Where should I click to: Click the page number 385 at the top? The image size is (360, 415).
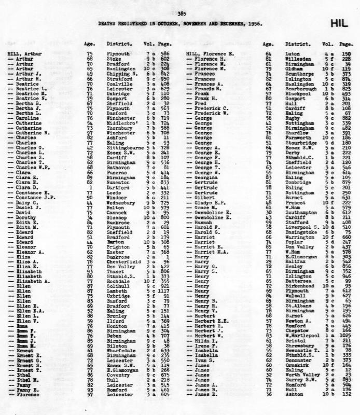181,14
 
